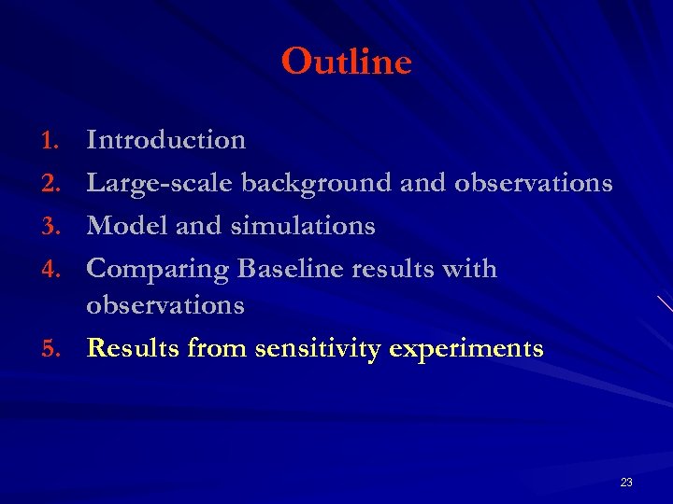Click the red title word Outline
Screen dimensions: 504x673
pyautogui.click(x=346, y=63)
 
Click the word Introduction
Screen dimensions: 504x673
pyautogui.click(x=165, y=140)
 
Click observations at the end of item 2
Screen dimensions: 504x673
pyautogui.click(x=533, y=183)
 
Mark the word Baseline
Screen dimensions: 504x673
pyautogui.click(x=294, y=269)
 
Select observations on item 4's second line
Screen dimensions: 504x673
pyautogui.click(x=165, y=305)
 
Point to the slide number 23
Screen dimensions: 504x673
pyautogui.click(x=625, y=483)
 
